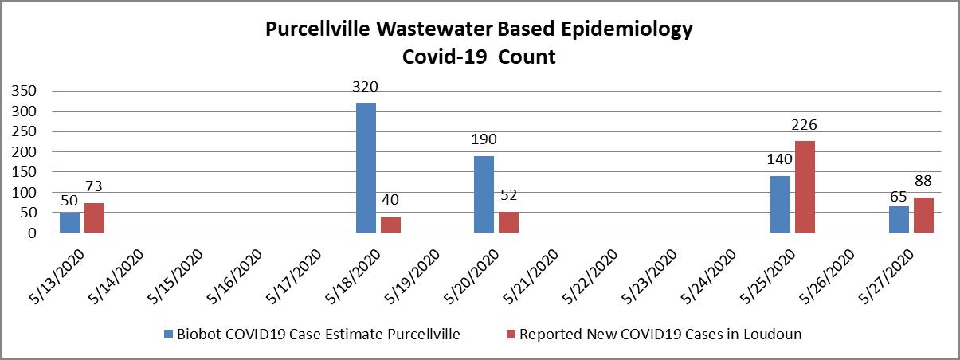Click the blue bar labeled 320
click(x=366, y=167)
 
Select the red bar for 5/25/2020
click(x=805, y=187)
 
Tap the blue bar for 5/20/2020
click(x=484, y=194)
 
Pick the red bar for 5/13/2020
click(x=94, y=218)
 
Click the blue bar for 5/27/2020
click(x=899, y=220)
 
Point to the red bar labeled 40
click(x=390, y=225)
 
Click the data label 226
click(x=805, y=124)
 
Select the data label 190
click(x=484, y=139)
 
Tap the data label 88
click(x=923, y=181)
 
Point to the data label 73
click(x=95, y=186)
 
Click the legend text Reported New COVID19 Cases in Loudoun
click(x=660, y=335)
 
